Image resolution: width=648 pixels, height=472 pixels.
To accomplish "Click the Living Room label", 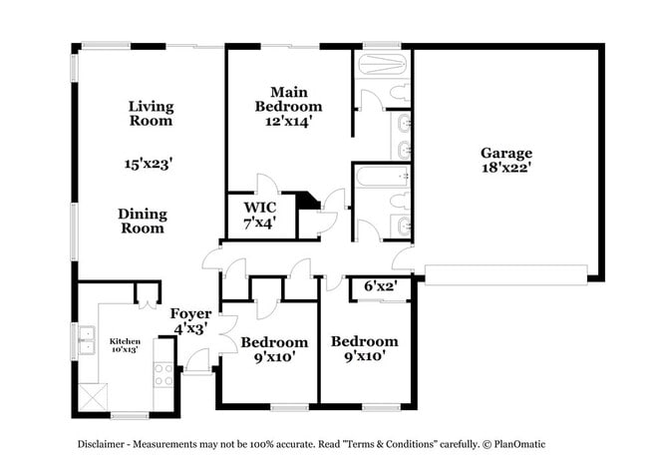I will [151, 114].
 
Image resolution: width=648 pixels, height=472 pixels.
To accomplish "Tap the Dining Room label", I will [143, 221].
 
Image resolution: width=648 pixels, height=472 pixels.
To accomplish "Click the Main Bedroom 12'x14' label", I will [288, 107].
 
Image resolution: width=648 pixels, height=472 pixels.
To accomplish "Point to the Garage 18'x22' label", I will [506, 161].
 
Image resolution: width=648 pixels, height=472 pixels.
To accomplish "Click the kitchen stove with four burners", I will [164, 374].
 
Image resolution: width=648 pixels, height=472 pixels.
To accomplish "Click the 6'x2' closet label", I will [380, 285].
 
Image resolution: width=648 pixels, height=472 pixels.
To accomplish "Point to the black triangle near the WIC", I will [310, 201].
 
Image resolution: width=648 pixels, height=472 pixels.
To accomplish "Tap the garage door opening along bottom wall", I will [505, 273].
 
